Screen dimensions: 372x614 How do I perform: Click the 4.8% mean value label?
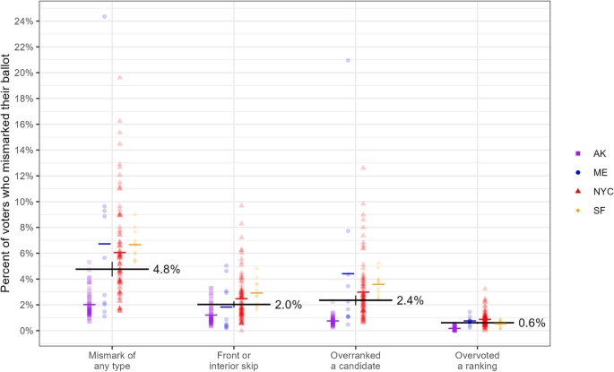click(168, 269)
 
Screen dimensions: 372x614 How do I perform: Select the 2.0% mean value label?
click(289, 305)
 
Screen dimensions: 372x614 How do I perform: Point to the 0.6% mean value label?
click(532, 323)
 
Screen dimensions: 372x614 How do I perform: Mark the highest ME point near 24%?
click(104, 16)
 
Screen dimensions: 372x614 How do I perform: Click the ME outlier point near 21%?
click(348, 60)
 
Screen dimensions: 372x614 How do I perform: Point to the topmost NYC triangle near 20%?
click(119, 77)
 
